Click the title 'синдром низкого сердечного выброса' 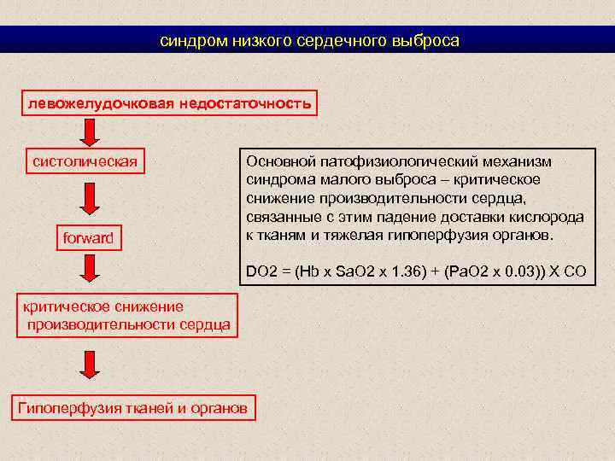point(309,40)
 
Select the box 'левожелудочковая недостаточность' point(169,103)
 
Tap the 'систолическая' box point(85,160)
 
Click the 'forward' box point(88,237)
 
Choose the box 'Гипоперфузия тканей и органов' point(132,408)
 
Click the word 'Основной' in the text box point(276,161)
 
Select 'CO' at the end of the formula point(576,272)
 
